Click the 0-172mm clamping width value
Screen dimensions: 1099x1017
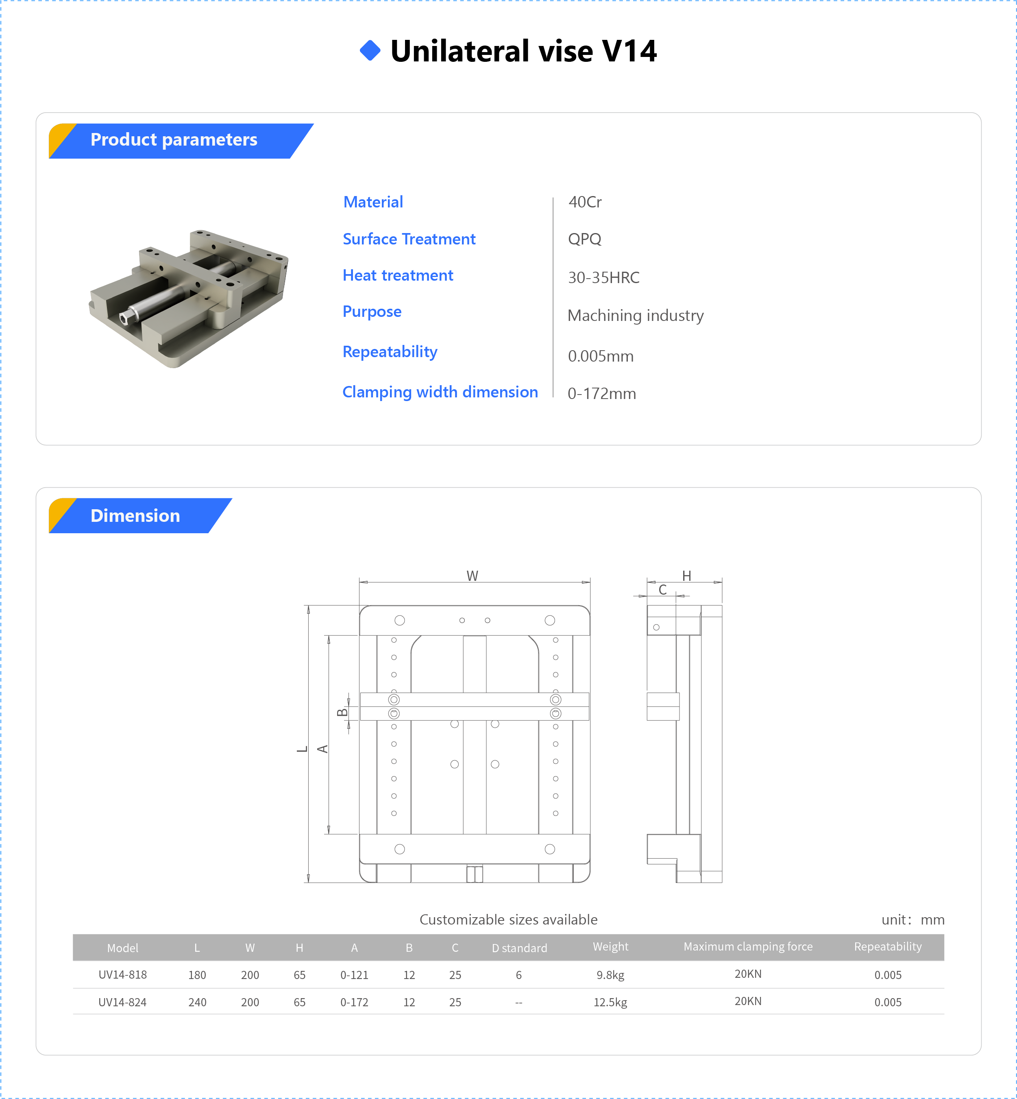click(x=601, y=393)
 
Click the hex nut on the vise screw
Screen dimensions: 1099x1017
click(x=125, y=318)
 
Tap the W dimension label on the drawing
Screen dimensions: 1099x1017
click(x=472, y=576)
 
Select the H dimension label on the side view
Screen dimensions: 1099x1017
click(x=686, y=576)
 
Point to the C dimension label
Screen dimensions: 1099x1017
click(x=662, y=589)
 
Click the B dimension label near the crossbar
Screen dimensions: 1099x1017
click(x=342, y=713)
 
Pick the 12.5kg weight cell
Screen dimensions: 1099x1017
click(x=610, y=1002)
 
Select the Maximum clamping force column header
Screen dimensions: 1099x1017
click(x=747, y=946)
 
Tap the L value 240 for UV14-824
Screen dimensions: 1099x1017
click(x=197, y=1002)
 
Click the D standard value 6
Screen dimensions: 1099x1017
click(x=518, y=975)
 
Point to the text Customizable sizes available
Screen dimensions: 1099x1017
click(x=508, y=920)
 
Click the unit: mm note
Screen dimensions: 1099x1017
click(x=912, y=920)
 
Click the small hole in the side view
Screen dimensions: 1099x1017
click(x=656, y=627)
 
